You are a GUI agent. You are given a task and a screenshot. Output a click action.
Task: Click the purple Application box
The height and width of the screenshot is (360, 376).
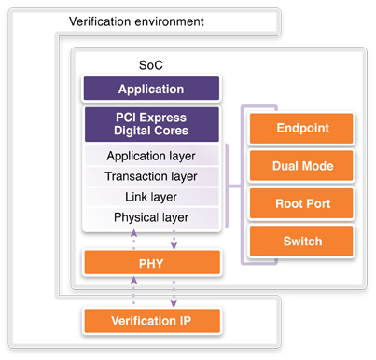tap(151, 90)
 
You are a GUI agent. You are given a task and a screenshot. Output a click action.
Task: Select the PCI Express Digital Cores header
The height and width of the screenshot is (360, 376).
tap(151, 124)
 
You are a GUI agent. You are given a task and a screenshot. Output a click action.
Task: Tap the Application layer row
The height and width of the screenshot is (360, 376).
tap(151, 156)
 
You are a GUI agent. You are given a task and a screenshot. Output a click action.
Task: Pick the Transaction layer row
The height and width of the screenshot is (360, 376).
tap(151, 176)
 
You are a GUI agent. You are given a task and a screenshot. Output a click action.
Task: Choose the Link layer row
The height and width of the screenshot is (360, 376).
tap(151, 197)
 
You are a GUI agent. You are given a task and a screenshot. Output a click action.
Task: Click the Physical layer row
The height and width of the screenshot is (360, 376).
tap(151, 218)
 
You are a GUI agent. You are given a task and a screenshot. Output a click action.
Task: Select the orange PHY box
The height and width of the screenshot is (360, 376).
tap(151, 262)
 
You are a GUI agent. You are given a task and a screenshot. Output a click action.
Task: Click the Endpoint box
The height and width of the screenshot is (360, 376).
tap(301, 129)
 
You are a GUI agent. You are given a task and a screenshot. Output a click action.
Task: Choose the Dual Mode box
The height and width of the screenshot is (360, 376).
tap(301, 166)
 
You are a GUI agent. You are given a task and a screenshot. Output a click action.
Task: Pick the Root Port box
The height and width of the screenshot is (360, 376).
tap(301, 204)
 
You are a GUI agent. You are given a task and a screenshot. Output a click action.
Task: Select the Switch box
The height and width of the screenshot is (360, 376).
tap(301, 242)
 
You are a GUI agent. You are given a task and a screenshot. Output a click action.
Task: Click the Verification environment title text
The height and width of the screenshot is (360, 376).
tap(136, 21)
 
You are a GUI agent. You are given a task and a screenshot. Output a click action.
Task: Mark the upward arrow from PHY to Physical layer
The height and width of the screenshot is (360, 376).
tap(132, 239)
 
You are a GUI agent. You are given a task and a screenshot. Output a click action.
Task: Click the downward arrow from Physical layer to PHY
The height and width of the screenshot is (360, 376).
tap(171, 239)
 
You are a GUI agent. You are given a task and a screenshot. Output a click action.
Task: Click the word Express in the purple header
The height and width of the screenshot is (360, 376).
tap(166, 117)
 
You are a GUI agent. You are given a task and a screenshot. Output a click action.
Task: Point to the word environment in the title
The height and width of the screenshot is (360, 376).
tap(172, 21)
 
